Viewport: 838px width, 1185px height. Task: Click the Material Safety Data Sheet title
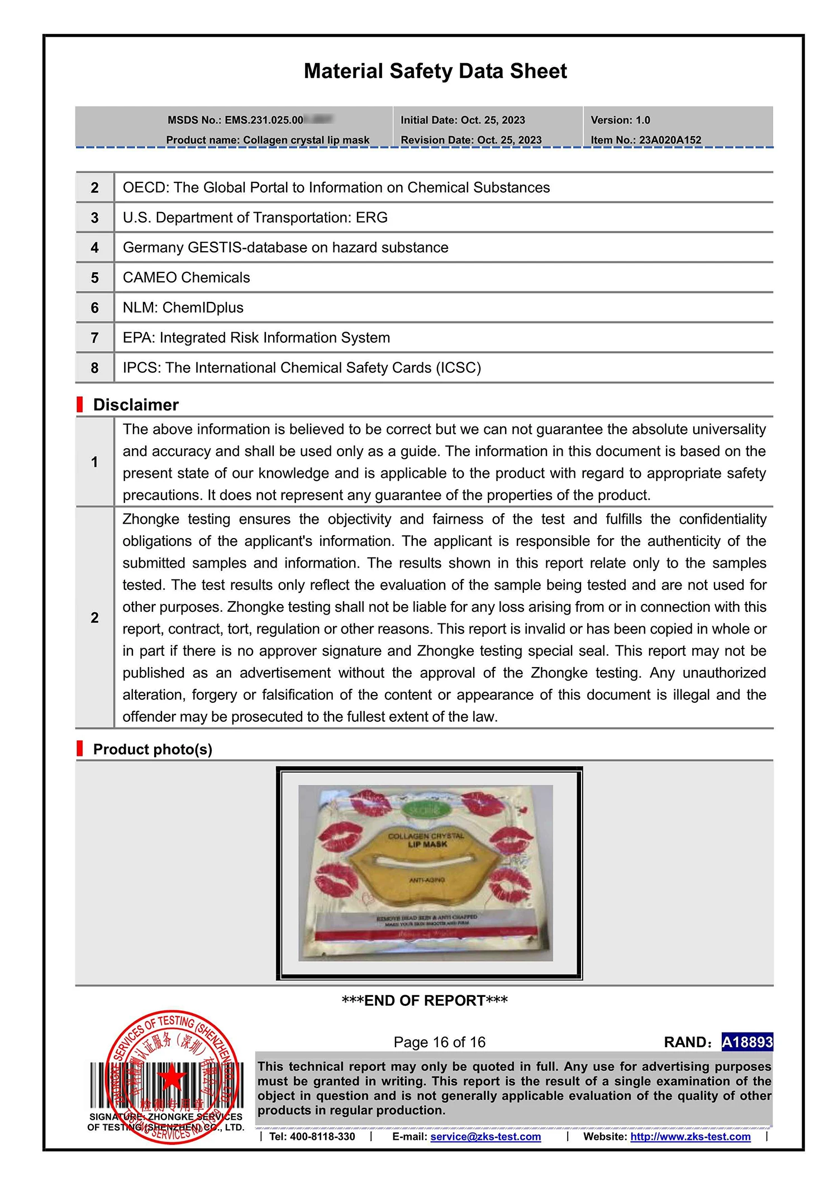435,71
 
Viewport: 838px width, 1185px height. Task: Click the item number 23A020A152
670,140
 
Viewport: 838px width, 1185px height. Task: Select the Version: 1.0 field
620,120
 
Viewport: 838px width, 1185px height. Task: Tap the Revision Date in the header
471,140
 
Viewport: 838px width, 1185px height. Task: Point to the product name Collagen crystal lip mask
306,140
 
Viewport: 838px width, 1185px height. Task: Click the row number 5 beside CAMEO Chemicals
94,278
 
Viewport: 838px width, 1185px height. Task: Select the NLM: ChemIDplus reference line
183,308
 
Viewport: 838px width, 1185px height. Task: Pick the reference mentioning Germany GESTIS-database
285,248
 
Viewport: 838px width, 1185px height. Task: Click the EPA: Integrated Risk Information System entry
256,338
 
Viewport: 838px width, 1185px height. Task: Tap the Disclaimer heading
136,405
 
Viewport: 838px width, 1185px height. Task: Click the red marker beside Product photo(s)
80,749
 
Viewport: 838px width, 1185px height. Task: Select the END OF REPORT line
425,1001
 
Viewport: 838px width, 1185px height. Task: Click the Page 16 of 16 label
439,1042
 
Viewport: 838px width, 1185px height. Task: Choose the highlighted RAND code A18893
747,1042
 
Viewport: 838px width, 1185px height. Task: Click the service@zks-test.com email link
485,1136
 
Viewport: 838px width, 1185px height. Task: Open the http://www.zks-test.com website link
690,1136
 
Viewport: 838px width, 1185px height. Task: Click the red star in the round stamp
172,1077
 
